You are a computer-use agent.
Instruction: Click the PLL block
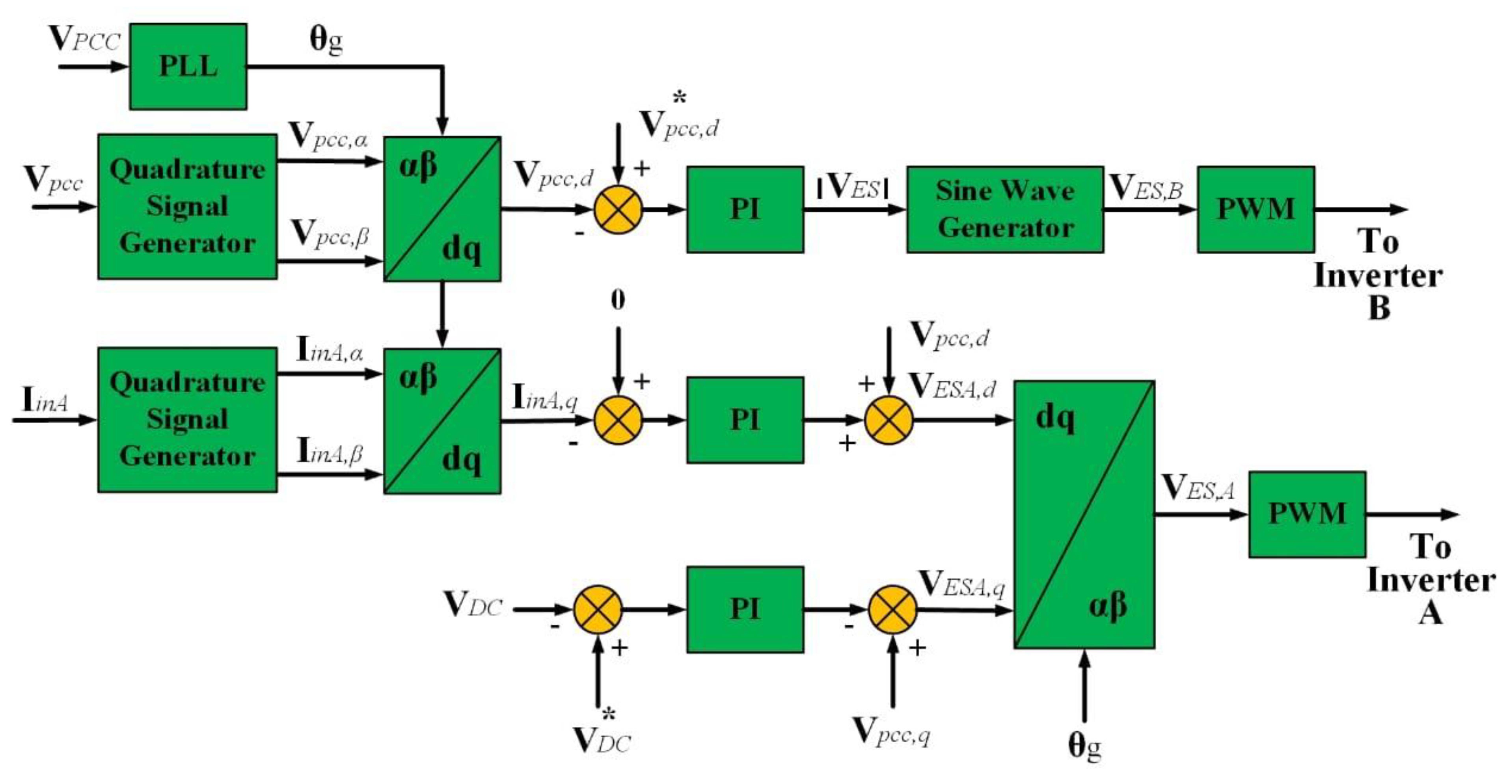(x=188, y=66)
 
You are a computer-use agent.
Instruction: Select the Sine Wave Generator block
(x=1004, y=209)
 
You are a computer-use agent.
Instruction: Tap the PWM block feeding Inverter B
(x=1256, y=209)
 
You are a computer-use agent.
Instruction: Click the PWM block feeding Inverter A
(x=1307, y=514)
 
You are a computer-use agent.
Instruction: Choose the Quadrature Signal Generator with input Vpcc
(x=187, y=206)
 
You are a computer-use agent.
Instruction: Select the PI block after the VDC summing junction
(x=745, y=609)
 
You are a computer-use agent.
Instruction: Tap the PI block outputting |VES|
(x=745, y=209)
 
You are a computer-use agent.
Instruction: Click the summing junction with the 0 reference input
(x=618, y=419)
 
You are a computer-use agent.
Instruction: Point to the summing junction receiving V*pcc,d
(x=618, y=209)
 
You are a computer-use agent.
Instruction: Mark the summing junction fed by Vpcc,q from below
(x=892, y=609)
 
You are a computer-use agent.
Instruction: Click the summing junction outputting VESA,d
(x=889, y=419)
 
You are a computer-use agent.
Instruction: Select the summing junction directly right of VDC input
(x=597, y=609)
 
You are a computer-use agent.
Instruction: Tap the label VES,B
(x=1146, y=188)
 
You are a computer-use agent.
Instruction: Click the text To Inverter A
(x=1431, y=580)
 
